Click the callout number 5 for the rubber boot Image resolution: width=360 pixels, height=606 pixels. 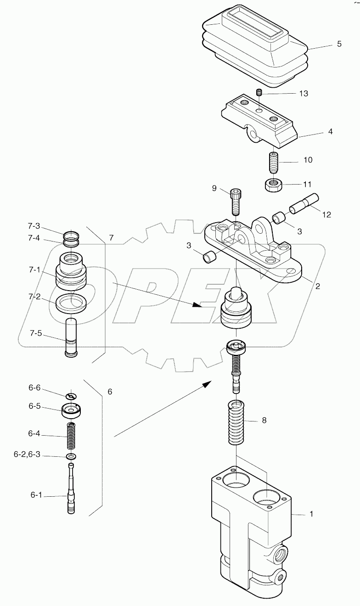tap(339, 44)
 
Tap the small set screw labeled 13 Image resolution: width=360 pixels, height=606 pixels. tap(259, 93)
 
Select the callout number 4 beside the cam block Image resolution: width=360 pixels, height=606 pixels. tap(331, 131)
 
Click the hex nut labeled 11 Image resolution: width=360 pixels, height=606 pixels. tap(274, 185)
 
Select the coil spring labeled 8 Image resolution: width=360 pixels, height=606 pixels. tap(238, 422)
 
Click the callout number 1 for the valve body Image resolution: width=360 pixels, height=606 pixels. tap(311, 514)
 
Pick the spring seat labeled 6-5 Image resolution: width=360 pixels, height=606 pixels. tap(72, 410)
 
